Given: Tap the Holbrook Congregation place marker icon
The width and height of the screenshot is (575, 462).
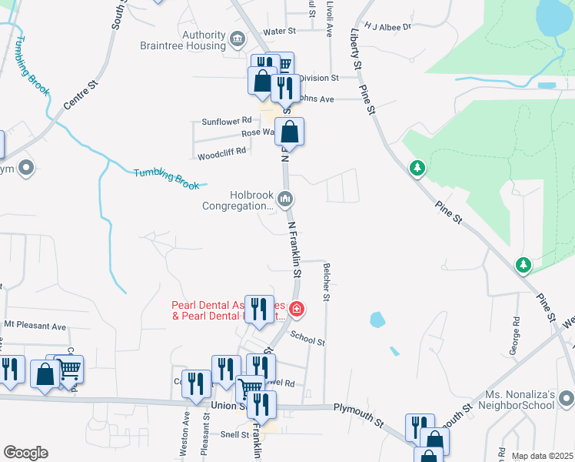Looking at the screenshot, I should tap(286, 200).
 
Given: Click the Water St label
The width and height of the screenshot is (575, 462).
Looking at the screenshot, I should tap(280, 31).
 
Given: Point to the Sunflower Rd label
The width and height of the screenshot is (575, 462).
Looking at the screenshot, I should tap(227, 121).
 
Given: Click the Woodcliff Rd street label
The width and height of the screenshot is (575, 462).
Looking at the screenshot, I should tap(221, 152).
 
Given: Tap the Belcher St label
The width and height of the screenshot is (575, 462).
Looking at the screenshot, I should tap(327, 281).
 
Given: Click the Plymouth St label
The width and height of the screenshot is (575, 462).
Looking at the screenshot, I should tap(358, 417).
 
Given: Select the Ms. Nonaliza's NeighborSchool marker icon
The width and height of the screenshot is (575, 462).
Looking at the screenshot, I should tap(565, 398).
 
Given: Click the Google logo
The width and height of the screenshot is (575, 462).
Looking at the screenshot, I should tap(25, 453).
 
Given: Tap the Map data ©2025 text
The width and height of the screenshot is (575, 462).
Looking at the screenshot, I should tap(541, 456).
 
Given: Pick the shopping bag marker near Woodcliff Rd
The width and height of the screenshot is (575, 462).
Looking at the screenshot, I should tap(290, 132).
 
